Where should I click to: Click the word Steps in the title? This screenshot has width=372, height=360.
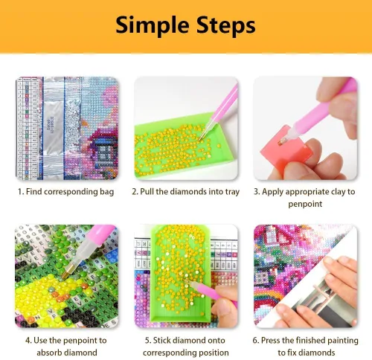coord(226,25)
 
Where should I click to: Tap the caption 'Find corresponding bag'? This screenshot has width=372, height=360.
coord(70,192)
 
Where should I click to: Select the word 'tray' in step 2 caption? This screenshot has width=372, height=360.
coord(232,192)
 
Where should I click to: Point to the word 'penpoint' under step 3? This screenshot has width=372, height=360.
coord(305,205)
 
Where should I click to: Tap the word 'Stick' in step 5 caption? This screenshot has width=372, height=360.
coord(162,340)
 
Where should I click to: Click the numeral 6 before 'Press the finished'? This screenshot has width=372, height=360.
coord(255,341)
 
